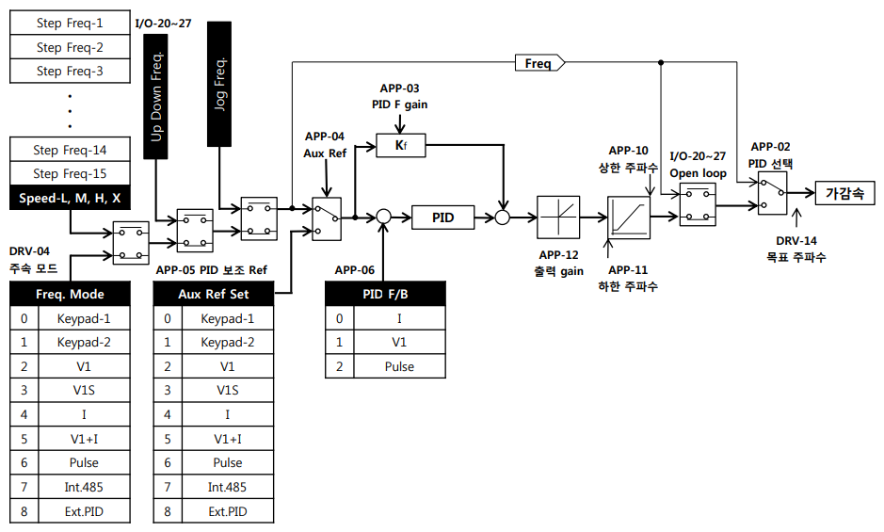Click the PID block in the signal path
coord(442,218)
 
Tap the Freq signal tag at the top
coord(539,63)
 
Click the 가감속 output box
coord(844,193)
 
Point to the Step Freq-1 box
coord(70,22)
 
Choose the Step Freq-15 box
coord(70,173)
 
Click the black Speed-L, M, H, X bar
coord(70,198)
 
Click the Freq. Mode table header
coord(70,294)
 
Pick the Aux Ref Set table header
coord(214,294)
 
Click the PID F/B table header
coord(385,294)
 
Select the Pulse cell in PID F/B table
coord(399,366)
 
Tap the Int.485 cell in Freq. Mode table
coord(84,487)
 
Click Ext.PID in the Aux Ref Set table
coord(227,511)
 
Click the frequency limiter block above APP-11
coord(629,218)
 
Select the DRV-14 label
coord(796,240)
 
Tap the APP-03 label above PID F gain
coord(399,88)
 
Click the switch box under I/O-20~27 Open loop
coord(698,205)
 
